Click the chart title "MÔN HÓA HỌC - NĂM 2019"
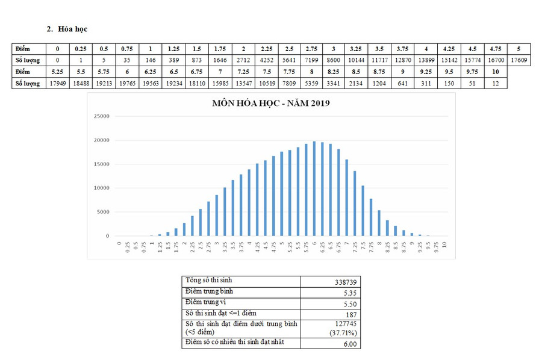pyautogui.click(x=271, y=103)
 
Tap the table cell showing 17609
pyautogui.click(x=519, y=60)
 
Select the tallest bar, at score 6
pyautogui.click(x=314, y=188)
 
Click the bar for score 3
pyautogui.click(x=217, y=215)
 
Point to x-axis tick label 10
pyautogui.click(x=444, y=245)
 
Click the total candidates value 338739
pyautogui.click(x=345, y=282)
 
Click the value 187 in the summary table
pyautogui.click(x=351, y=314)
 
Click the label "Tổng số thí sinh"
pyautogui.click(x=208, y=281)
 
